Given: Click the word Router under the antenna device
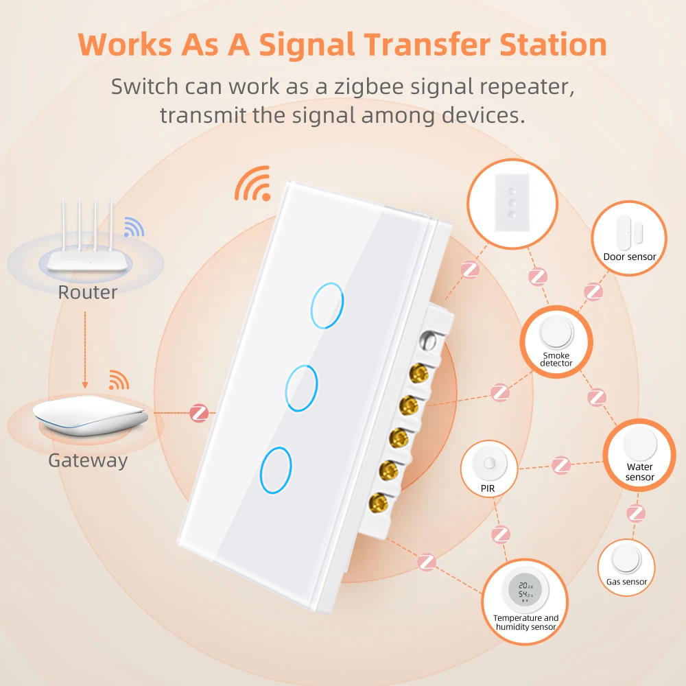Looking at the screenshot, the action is click(x=88, y=292).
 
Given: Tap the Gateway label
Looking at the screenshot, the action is click(x=88, y=461).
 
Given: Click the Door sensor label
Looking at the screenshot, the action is click(x=630, y=257).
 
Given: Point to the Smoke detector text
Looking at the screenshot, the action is click(x=556, y=359).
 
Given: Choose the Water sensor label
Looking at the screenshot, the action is click(x=639, y=472).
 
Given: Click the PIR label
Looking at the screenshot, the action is click(x=487, y=488).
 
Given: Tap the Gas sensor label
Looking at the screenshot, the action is click(x=626, y=582).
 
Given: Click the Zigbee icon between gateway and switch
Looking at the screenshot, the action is click(x=199, y=413).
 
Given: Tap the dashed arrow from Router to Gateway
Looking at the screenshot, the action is click(x=85, y=350).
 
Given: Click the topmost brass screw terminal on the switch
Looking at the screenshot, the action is click(x=418, y=374).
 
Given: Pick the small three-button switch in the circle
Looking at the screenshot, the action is click(x=512, y=202).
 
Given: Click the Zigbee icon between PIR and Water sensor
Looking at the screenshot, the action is click(x=561, y=465).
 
